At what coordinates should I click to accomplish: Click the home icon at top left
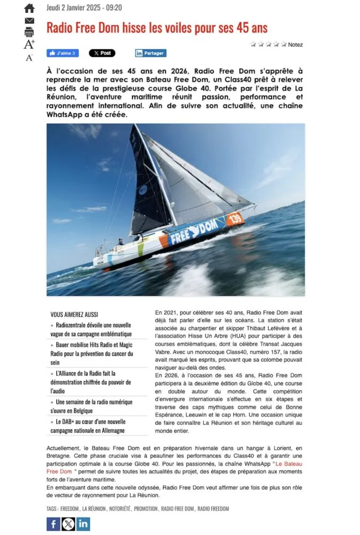29,8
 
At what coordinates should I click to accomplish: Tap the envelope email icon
29,20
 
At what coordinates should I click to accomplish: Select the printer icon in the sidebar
29,32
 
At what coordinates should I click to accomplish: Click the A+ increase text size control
29,44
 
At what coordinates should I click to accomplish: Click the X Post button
102,53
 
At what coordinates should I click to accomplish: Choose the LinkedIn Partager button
150,53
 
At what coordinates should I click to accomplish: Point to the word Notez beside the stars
295,45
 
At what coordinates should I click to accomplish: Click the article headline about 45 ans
157,27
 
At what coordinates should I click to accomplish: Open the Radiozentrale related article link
93,329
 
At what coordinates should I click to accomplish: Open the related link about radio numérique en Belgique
93,406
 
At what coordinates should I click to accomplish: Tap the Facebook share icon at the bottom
53,524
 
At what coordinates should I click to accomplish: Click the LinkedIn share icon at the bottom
83,524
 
